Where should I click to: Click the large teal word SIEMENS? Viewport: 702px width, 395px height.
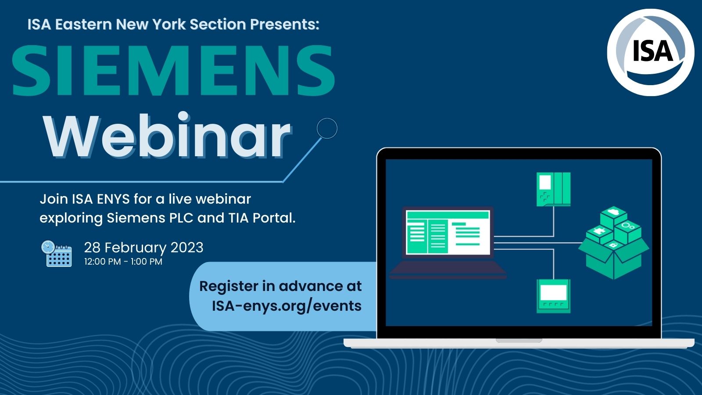(174, 70)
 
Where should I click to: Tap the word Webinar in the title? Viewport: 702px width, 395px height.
(168, 135)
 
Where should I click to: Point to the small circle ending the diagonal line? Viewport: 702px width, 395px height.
(327, 128)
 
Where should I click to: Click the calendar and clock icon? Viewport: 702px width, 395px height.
(57, 254)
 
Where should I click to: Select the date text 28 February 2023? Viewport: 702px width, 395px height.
(144, 248)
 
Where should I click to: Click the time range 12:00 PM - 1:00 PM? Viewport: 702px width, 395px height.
(123, 262)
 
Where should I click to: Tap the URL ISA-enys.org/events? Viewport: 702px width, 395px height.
(287, 305)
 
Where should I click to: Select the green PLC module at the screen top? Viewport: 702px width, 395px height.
(553, 189)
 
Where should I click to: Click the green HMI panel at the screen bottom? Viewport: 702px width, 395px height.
(553, 296)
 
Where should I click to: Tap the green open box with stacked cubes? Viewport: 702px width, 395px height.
(614, 243)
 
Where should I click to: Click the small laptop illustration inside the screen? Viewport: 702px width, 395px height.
(448, 242)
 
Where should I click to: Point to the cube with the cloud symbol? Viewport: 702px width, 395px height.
(614, 215)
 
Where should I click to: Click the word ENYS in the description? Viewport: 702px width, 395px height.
(113, 199)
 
